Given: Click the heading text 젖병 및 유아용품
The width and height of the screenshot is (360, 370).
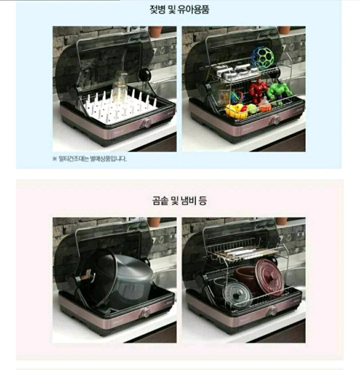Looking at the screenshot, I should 179,10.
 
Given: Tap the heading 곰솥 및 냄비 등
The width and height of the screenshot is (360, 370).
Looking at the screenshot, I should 179,200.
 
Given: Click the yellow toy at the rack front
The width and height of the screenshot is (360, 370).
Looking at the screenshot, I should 236,111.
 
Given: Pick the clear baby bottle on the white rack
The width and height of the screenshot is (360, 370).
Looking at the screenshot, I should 120,87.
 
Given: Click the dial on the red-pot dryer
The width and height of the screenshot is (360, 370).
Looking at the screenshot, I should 273,311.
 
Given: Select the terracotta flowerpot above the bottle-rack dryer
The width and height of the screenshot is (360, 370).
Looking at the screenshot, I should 155,31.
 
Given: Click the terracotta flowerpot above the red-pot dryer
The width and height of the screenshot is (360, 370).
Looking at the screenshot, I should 282,221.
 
